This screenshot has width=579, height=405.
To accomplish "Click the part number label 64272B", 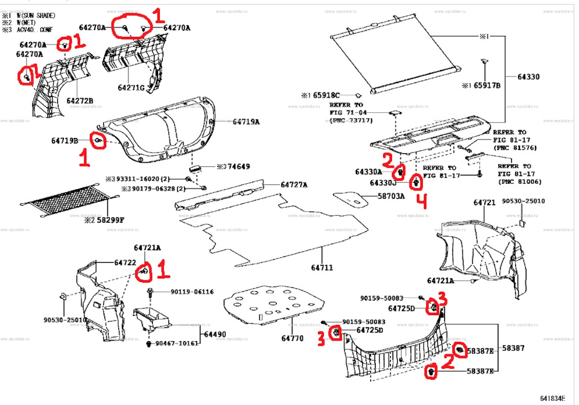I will pyautogui.click(x=80, y=101).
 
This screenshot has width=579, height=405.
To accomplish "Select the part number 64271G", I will pyautogui.click(x=131, y=88).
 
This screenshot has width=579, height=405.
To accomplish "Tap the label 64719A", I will pyautogui.click(x=246, y=122).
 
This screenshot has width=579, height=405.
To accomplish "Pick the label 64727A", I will pyautogui.click(x=294, y=184).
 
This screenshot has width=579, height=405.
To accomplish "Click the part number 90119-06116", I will pyautogui.click(x=192, y=292).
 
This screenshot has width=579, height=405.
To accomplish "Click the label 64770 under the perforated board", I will pyautogui.click(x=292, y=339).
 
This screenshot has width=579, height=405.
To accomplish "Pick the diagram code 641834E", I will pyautogui.click(x=552, y=398).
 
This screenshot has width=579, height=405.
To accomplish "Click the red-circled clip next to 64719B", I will pyautogui.click(x=98, y=140).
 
